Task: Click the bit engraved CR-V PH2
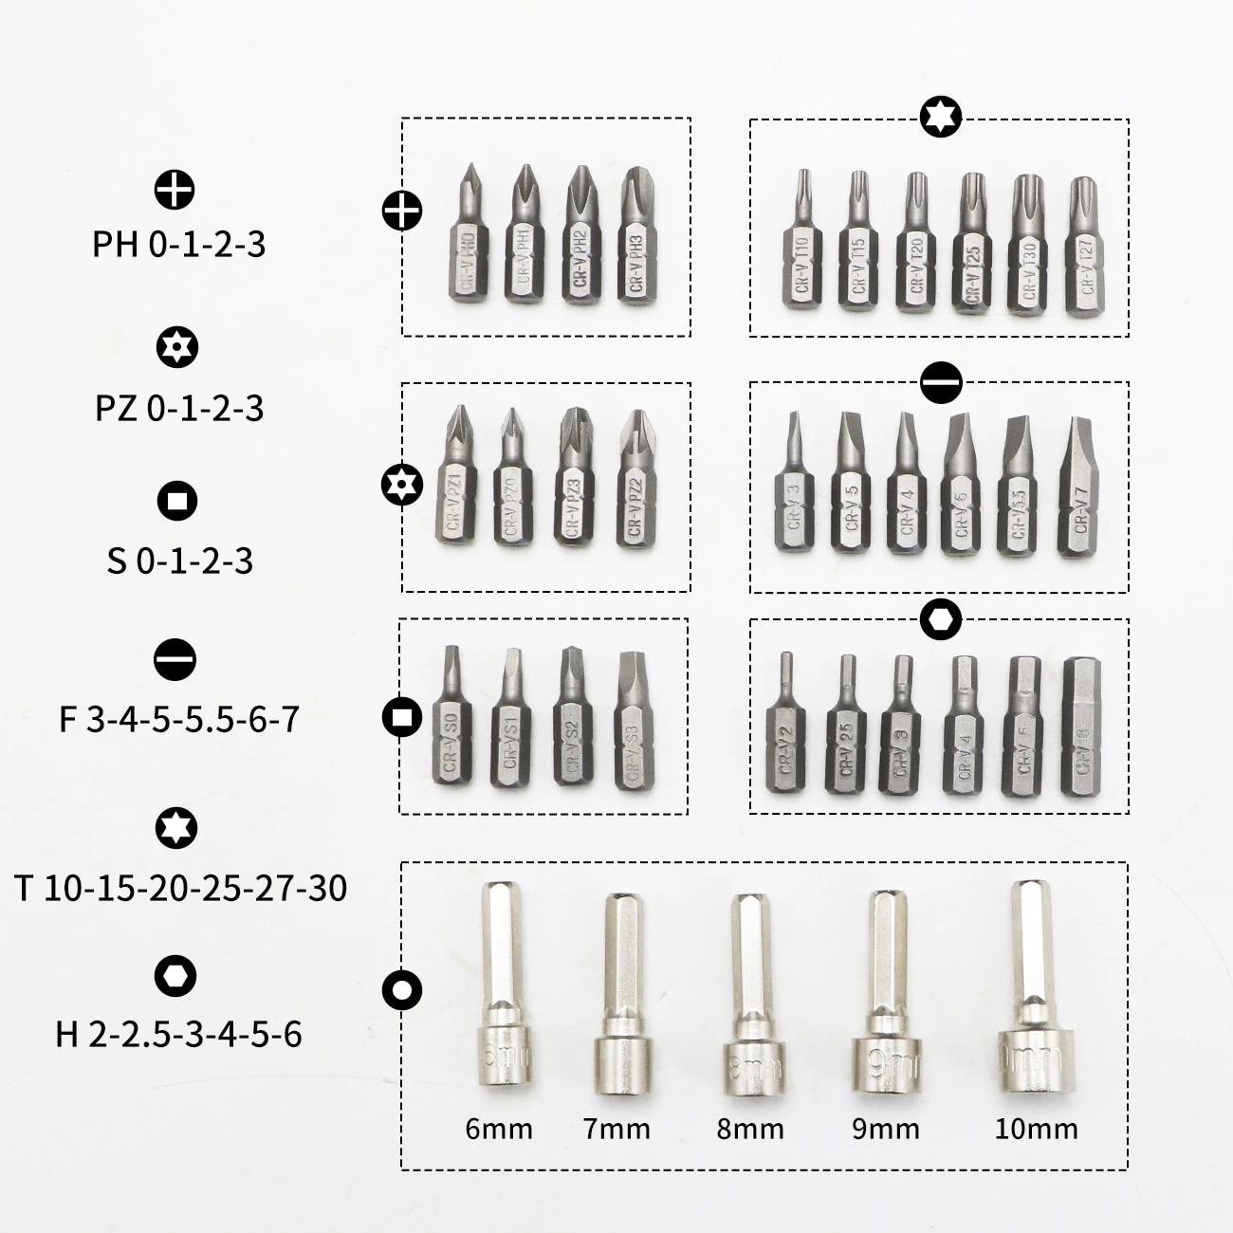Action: click(x=582, y=242)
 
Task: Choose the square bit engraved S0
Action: click(x=451, y=721)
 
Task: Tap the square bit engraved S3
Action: click(x=634, y=726)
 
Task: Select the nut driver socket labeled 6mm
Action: click(x=503, y=996)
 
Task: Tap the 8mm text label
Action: click(x=750, y=1130)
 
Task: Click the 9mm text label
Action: click(x=886, y=1130)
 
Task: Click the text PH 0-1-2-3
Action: click(x=178, y=245)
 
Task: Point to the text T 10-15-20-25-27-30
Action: click(x=180, y=889)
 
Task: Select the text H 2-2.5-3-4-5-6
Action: click(x=178, y=1034)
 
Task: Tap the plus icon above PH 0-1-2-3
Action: click(x=175, y=190)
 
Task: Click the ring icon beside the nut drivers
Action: click(x=401, y=990)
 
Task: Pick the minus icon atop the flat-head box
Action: click(x=941, y=382)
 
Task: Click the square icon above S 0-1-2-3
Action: click(x=176, y=501)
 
